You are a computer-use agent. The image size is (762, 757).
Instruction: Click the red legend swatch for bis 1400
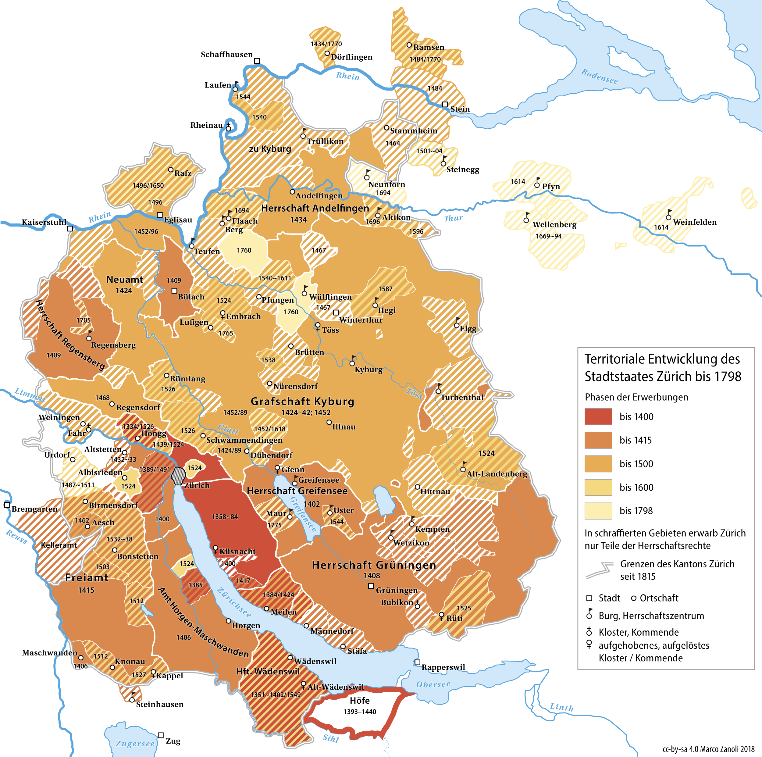(598, 416)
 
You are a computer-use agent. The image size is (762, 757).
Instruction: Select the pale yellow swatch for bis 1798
(598, 511)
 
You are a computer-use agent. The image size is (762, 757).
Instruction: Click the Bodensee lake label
(600, 76)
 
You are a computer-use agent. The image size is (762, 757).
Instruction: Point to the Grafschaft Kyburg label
(302, 402)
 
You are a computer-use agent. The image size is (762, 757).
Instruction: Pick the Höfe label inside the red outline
(360, 701)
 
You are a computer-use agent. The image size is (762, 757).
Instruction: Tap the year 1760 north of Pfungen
(244, 250)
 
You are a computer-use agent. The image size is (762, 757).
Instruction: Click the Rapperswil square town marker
(417, 662)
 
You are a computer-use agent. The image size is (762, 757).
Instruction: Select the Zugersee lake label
(135, 744)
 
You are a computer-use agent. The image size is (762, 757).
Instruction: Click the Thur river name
(453, 218)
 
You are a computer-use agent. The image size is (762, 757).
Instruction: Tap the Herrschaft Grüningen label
(374, 565)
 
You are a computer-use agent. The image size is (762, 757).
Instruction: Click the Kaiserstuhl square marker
(70, 229)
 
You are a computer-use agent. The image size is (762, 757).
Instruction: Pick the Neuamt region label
(125, 280)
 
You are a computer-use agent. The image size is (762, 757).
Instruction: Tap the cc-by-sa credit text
(708, 749)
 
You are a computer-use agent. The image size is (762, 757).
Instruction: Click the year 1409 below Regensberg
(54, 355)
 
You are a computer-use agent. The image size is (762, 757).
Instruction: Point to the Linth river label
(562, 707)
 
